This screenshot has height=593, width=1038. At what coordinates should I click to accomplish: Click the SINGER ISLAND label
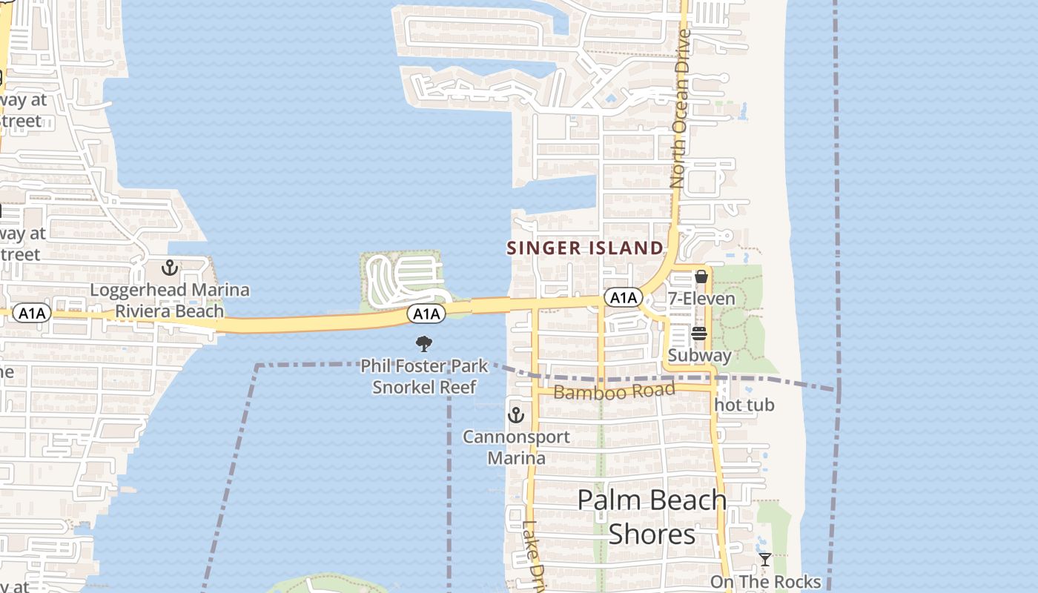click(585, 248)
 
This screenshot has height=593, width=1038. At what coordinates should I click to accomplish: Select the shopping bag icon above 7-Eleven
click(701, 277)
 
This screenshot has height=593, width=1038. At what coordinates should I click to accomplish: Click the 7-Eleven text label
click(701, 299)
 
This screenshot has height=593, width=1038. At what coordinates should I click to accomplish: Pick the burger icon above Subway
click(699, 334)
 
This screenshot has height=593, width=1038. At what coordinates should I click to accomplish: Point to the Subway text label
click(699, 355)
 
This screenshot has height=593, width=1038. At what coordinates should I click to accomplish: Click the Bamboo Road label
click(615, 391)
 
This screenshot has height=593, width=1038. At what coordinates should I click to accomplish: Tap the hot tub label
click(744, 405)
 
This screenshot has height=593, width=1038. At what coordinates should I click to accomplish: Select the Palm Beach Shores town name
click(652, 517)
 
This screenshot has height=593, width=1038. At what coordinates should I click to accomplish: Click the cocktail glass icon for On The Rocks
click(764, 560)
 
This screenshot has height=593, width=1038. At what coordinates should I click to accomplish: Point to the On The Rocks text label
click(765, 581)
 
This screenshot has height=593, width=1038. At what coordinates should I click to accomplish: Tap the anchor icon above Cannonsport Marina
click(516, 414)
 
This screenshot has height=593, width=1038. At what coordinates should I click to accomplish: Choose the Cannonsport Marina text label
click(517, 447)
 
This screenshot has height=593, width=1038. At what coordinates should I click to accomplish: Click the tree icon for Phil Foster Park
click(424, 343)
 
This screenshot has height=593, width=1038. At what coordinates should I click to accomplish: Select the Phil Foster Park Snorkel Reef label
click(424, 376)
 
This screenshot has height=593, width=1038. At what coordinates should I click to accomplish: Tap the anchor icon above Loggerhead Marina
click(170, 268)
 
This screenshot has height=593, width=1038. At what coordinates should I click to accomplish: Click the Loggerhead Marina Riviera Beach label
click(170, 300)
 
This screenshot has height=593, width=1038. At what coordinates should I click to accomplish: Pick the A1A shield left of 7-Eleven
click(623, 298)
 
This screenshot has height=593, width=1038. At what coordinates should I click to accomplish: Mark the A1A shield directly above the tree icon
click(426, 314)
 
